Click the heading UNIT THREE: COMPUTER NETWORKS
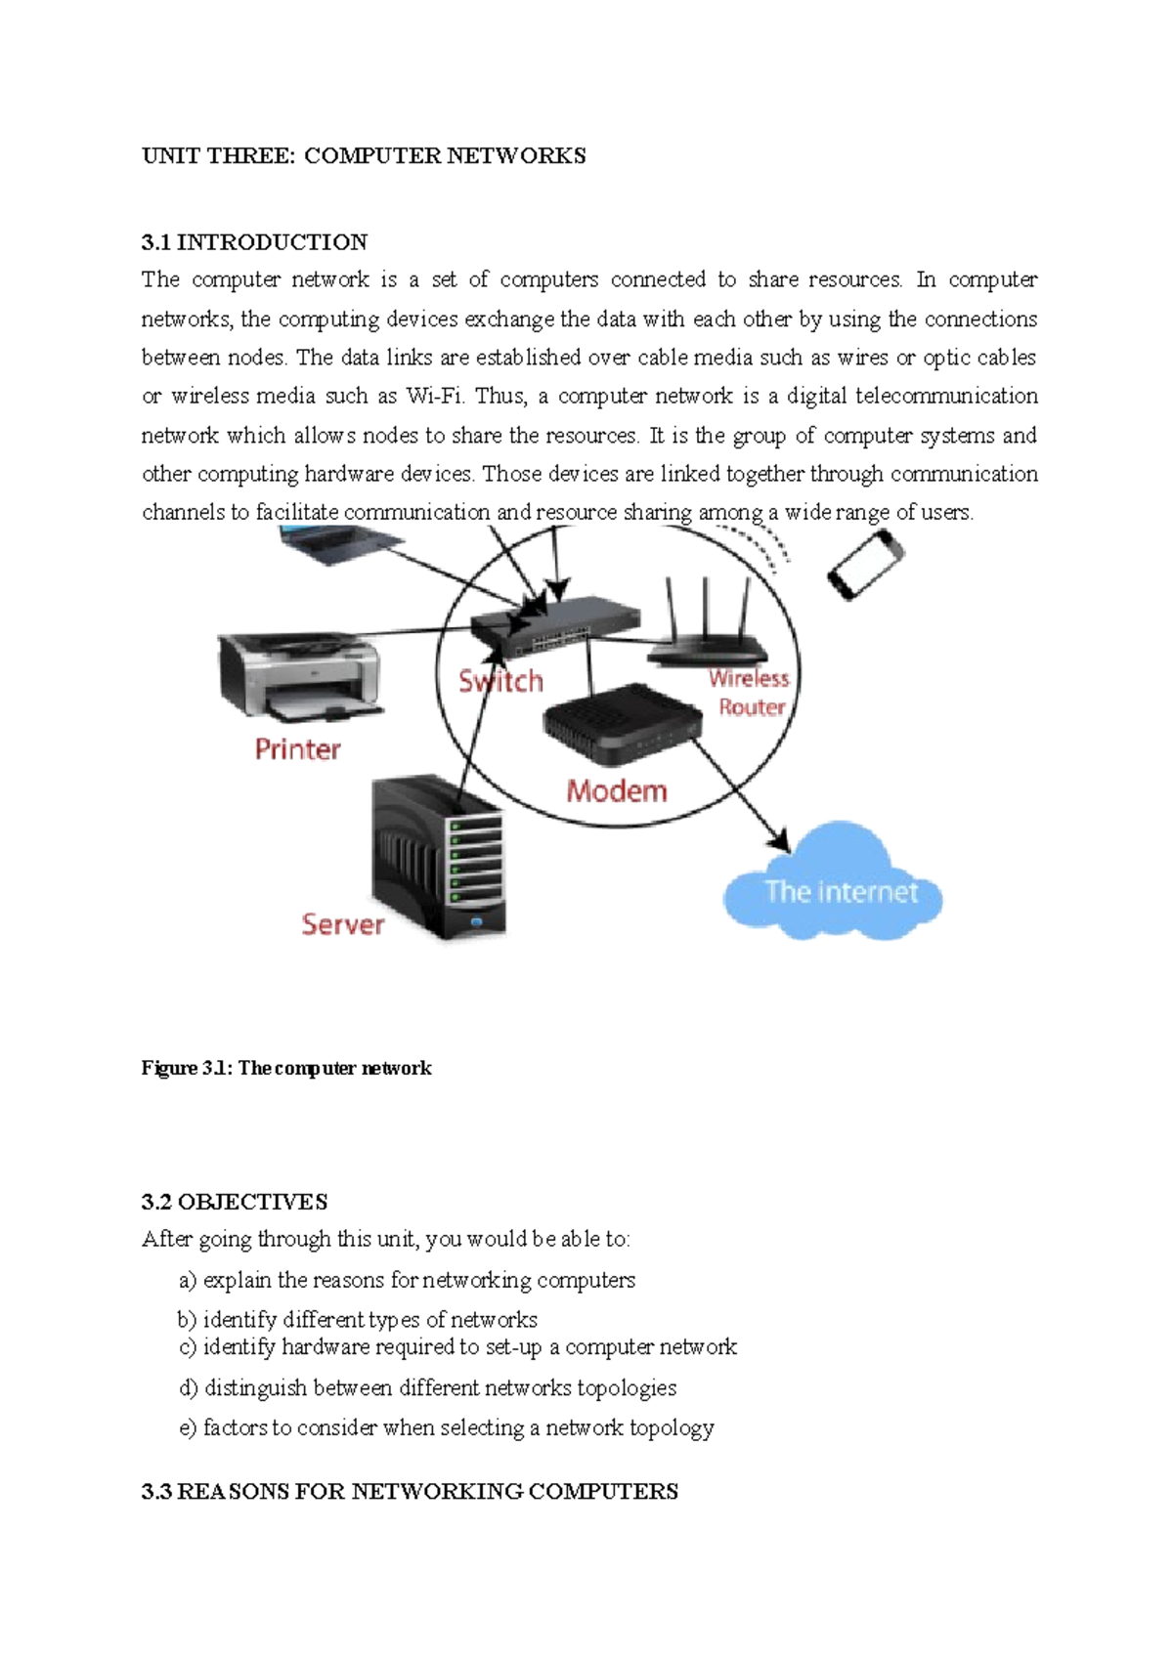tap(364, 156)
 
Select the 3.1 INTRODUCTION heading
tap(254, 242)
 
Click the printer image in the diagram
tap(299, 676)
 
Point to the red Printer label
tap(297, 749)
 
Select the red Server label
tap(342, 924)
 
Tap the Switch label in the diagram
tap(501, 681)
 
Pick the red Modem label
tap(617, 790)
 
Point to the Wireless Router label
tap(750, 692)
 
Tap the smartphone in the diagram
tap(865, 565)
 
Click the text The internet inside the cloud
tap(841, 891)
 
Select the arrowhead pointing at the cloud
tap(778, 840)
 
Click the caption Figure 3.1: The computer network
tap(286, 1068)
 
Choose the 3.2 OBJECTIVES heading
tap(235, 1202)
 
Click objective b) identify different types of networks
tap(358, 1320)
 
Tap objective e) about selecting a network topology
tap(447, 1428)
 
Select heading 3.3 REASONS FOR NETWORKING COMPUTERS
tap(410, 1492)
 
